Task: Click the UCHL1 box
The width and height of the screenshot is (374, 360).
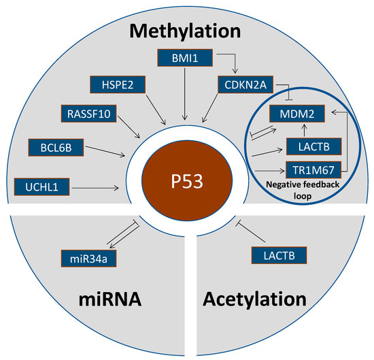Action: pyautogui.click(x=41, y=186)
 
